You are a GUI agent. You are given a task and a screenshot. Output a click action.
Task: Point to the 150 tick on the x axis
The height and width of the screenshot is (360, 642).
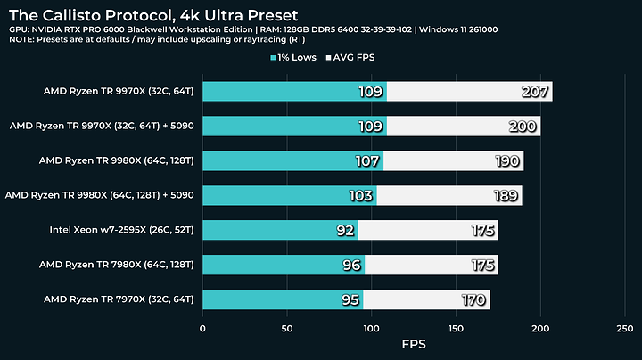point(457,327)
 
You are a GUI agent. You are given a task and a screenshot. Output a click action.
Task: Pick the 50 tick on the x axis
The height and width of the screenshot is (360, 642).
point(287,327)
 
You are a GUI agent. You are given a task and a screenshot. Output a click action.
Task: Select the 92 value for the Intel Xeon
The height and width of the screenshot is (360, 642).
point(345,230)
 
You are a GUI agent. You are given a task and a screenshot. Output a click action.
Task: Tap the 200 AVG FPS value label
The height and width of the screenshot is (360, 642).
point(523,127)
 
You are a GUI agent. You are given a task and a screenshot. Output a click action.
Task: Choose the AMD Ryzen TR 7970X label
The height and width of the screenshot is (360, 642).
point(118,299)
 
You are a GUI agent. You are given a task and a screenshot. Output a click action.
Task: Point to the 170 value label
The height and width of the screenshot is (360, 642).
point(473,299)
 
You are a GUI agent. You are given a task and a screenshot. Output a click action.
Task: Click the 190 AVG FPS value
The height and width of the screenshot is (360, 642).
point(506,161)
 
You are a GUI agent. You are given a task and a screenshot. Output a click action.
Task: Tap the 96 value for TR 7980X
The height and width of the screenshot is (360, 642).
point(351,265)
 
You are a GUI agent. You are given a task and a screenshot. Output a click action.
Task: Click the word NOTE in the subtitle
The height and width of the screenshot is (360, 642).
point(23,41)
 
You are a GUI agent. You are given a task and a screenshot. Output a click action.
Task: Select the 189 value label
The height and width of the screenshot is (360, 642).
point(506,195)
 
